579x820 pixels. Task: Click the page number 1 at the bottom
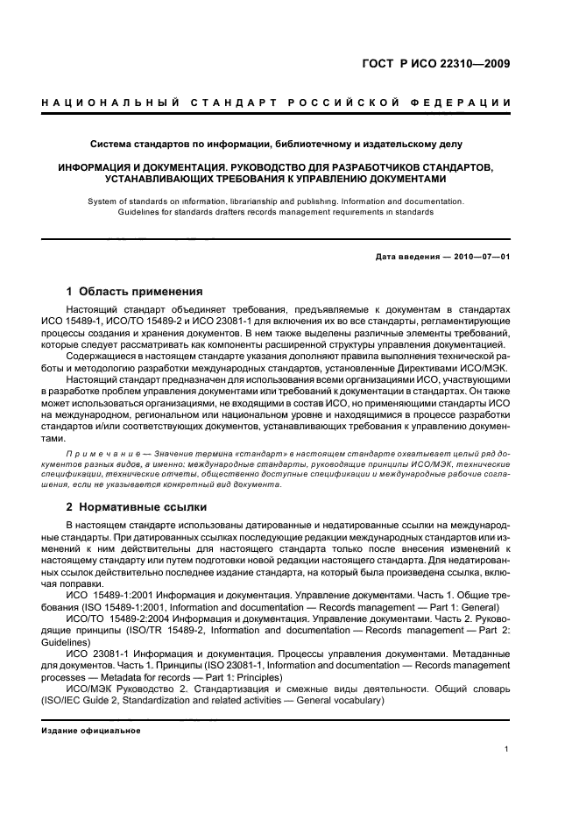507,748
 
